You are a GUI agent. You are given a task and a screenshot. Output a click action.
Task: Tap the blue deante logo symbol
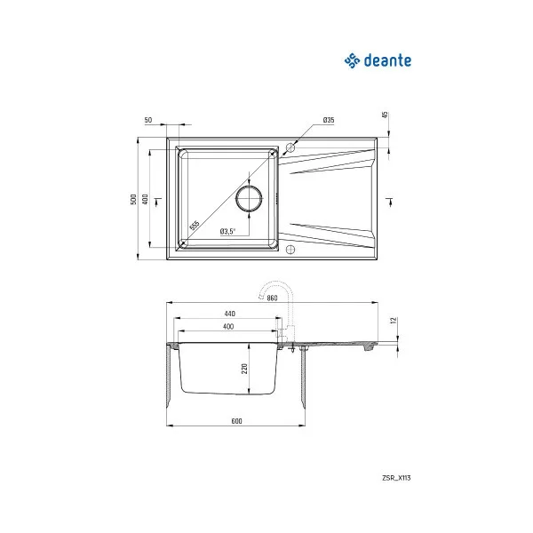click(352, 60)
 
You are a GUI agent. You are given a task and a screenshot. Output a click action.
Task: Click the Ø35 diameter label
click(328, 120)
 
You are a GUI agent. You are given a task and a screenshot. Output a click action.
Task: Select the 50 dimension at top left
click(147, 120)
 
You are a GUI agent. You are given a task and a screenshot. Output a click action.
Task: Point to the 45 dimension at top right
click(386, 115)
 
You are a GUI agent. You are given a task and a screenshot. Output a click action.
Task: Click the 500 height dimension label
click(133, 200)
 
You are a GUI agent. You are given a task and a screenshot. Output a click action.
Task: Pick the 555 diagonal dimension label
click(195, 225)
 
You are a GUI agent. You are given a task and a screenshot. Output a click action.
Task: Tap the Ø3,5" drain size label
click(227, 231)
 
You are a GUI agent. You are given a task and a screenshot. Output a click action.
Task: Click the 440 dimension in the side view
click(229, 314)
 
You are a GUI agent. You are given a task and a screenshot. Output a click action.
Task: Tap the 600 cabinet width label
click(236, 420)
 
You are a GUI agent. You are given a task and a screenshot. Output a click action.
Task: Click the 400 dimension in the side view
click(229, 328)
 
